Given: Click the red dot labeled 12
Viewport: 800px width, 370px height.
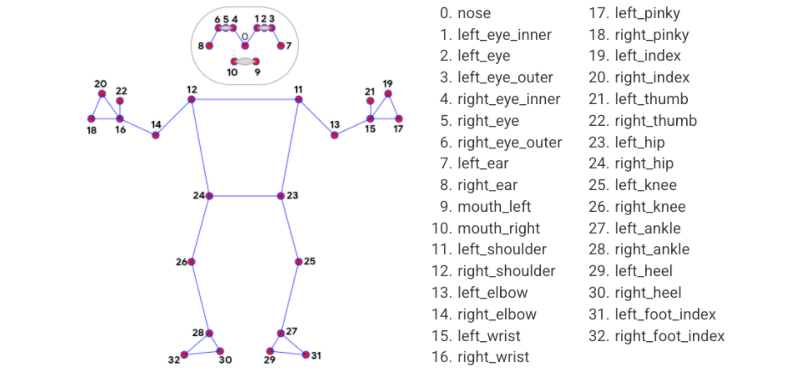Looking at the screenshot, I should [x=191, y=99].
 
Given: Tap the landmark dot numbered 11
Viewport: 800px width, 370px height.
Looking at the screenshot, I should [x=298, y=99].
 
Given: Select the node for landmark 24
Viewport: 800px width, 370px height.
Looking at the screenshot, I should [x=209, y=196].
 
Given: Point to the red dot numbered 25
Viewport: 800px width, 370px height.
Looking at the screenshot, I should [x=298, y=261].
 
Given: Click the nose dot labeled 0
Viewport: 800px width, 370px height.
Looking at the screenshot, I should [x=245, y=46].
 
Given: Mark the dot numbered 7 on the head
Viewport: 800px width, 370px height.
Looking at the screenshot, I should [x=281, y=46].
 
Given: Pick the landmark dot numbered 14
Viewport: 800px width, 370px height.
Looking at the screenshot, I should [x=155, y=135].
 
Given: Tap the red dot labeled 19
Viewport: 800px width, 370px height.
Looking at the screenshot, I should [x=388, y=93].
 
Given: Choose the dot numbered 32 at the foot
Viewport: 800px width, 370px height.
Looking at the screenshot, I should [x=184, y=355].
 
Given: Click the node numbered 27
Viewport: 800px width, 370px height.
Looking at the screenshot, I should [x=281, y=333].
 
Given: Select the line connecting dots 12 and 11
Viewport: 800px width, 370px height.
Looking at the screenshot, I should [x=245, y=99].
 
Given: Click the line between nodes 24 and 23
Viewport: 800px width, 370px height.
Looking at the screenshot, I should [x=245, y=196].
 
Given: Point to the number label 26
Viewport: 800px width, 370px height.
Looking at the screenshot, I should [x=181, y=262].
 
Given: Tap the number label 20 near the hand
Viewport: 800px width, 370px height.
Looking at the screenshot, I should [x=100, y=84].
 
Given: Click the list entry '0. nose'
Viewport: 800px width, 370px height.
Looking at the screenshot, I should [x=465, y=13].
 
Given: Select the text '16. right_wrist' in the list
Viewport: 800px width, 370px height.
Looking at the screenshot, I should [x=480, y=357].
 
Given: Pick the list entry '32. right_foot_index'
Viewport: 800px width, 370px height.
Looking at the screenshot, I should [x=656, y=336].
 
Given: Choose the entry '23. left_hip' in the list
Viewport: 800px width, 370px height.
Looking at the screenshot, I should [x=626, y=142].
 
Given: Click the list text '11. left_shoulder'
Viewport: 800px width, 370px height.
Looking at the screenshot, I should [x=489, y=249].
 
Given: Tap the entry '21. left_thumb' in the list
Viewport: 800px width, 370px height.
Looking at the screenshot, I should [x=638, y=99].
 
